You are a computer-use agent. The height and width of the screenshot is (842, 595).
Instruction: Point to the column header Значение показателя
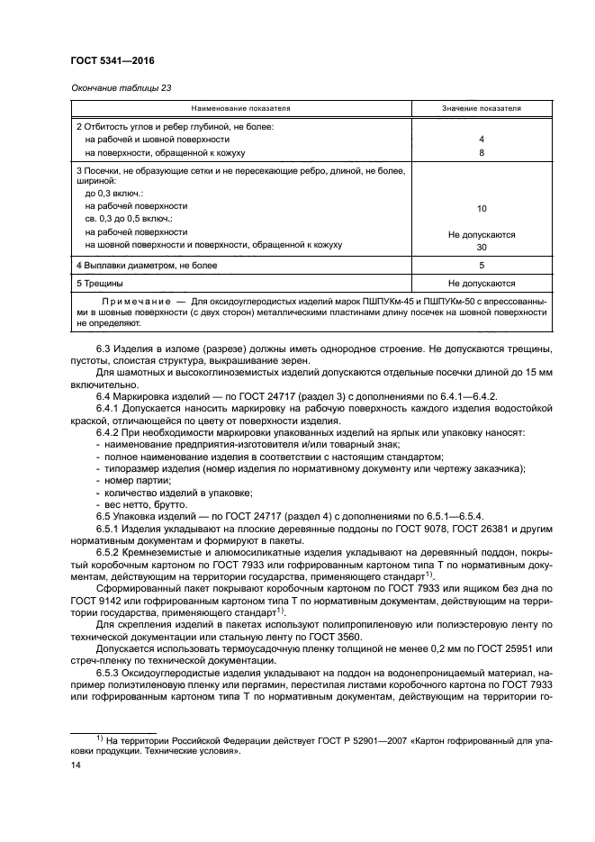coord(481,108)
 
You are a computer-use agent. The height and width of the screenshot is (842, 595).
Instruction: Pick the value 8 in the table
coord(482,153)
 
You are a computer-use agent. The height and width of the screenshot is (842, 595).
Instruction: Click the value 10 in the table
coord(482,208)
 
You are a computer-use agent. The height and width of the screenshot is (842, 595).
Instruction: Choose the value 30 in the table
coord(482,247)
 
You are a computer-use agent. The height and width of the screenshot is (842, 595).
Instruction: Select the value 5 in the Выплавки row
coord(482,266)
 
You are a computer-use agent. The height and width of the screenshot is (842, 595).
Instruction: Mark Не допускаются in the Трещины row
coord(482,282)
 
